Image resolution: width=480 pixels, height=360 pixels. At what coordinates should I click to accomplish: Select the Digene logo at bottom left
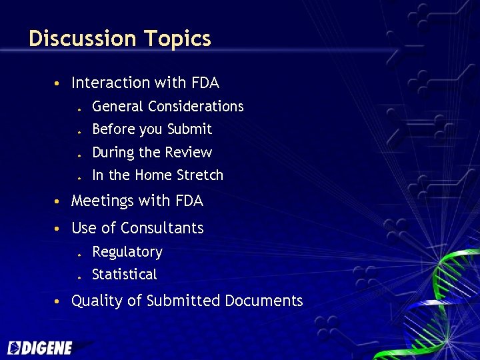click(40, 347)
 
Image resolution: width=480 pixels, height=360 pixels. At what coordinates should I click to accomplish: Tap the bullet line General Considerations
click(167, 107)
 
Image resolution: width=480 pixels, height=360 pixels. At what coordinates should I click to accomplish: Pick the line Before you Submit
click(151, 129)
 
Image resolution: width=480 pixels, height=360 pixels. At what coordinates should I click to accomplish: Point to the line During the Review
click(151, 153)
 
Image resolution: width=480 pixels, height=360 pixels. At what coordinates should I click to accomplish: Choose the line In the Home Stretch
click(157, 175)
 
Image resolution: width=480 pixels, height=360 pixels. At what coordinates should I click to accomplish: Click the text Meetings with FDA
click(137, 201)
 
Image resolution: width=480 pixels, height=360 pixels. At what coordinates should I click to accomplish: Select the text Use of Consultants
click(137, 228)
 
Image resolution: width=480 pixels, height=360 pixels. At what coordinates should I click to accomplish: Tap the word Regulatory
click(127, 252)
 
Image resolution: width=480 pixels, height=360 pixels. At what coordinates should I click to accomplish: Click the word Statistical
click(124, 275)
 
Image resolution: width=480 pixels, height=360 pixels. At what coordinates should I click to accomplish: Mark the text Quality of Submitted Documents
click(187, 301)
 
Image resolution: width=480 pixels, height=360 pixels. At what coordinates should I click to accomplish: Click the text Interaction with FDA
click(145, 83)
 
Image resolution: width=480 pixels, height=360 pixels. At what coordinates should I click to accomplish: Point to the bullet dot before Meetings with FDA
click(59, 202)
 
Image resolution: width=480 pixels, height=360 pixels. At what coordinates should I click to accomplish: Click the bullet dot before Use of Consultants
click(59, 229)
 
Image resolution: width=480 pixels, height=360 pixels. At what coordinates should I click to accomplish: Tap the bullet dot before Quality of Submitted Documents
click(59, 302)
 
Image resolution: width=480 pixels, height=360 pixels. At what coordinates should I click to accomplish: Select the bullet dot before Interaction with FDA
click(59, 84)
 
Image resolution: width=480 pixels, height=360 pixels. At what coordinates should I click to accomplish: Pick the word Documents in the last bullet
click(263, 301)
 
